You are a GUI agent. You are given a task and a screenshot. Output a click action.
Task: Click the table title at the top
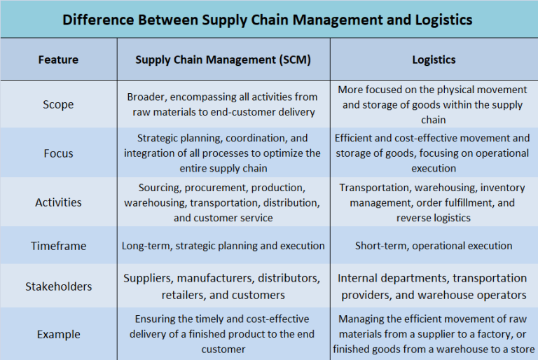tap(268, 20)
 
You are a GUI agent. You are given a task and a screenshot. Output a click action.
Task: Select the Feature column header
tap(58, 60)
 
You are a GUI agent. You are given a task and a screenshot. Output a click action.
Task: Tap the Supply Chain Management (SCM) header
tap(223, 60)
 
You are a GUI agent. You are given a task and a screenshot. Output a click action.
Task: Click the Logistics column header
tap(434, 60)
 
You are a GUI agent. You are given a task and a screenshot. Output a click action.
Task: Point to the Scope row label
tap(58, 104)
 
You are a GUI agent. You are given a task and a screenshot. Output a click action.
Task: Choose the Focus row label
tap(58, 153)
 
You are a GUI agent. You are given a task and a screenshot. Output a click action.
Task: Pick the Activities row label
tap(58, 202)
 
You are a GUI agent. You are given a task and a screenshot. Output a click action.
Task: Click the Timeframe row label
tap(58, 246)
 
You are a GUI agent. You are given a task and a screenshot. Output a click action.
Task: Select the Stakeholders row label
tap(58, 286)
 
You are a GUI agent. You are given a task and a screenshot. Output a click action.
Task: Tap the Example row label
tap(58, 334)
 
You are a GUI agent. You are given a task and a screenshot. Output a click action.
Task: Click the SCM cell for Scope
tap(223, 104)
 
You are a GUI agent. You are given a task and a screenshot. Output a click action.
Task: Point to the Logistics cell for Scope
tap(434, 104)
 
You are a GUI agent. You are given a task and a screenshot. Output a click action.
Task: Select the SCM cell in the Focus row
tap(223, 153)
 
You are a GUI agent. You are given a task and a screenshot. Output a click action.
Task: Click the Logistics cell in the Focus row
tap(434, 153)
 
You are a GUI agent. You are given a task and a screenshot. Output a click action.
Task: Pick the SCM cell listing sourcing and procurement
tap(223, 202)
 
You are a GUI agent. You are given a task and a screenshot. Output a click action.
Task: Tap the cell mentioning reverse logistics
tap(434, 202)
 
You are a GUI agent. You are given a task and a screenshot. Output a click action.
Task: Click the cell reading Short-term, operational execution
tap(434, 246)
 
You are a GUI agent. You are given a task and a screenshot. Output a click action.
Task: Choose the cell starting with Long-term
tap(223, 246)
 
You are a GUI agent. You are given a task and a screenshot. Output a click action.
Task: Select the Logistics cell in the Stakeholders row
tap(434, 286)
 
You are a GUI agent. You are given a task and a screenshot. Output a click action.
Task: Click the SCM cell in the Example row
tap(223, 334)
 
